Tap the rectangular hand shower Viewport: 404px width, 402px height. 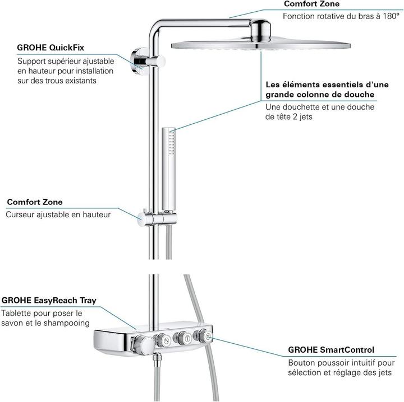click(171, 168)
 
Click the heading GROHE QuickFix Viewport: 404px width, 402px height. click(47, 48)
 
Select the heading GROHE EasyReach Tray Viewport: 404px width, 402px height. click(49, 301)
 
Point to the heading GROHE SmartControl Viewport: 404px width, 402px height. click(331, 350)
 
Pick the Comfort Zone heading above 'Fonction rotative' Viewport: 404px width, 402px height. click(311, 4)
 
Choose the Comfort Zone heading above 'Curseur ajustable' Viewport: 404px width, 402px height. click(35, 202)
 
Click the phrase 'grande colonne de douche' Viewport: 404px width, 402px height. click(320, 95)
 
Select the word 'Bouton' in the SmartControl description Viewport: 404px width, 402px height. click(302, 362)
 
